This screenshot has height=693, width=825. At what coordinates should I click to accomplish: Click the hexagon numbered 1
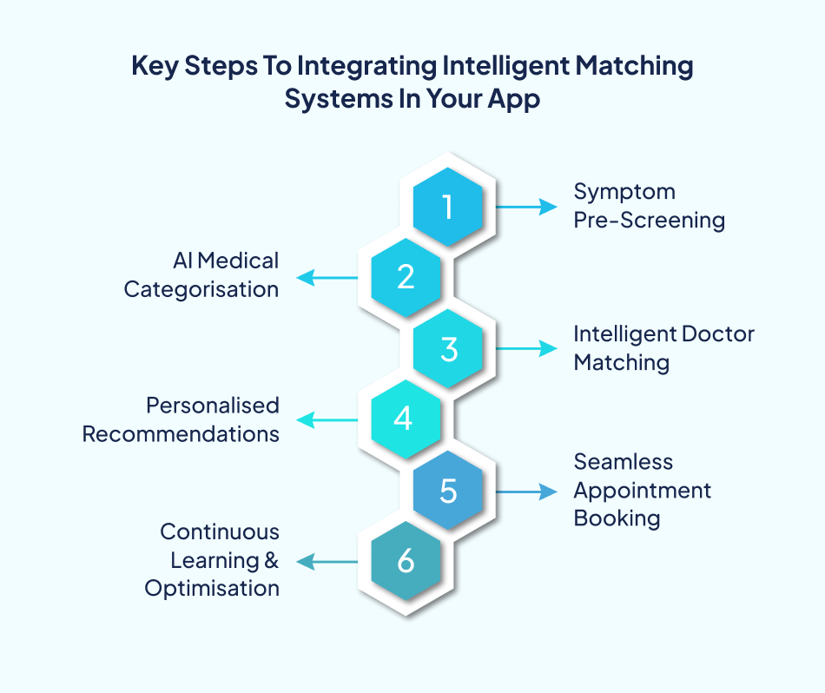[x=447, y=207]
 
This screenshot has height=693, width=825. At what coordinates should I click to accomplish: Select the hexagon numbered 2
[x=406, y=277]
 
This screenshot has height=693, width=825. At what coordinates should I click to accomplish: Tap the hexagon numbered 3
[x=447, y=348]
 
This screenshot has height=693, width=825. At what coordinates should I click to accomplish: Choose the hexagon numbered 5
[x=447, y=492]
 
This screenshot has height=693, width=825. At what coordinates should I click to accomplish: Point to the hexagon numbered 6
[x=406, y=562]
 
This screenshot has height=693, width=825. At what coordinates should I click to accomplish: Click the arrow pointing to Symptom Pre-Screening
[x=525, y=207]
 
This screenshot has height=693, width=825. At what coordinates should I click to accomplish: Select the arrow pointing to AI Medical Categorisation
[x=328, y=278]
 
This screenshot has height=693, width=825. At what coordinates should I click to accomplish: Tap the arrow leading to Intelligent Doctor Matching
[x=525, y=348]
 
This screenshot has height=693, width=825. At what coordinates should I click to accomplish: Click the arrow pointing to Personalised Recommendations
[x=328, y=420]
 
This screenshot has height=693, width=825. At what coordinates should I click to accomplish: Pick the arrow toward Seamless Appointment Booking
[x=525, y=492]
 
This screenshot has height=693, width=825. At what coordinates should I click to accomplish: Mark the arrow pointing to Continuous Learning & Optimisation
[x=328, y=562]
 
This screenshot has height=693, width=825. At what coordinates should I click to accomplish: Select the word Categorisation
[x=201, y=290]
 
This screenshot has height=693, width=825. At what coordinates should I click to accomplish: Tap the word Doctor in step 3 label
[x=717, y=334]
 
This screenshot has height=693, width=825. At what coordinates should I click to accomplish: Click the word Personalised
[x=212, y=406]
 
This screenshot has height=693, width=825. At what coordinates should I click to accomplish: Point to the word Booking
[x=617, y=519]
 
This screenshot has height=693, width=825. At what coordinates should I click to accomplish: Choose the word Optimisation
[x=212, y=589]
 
